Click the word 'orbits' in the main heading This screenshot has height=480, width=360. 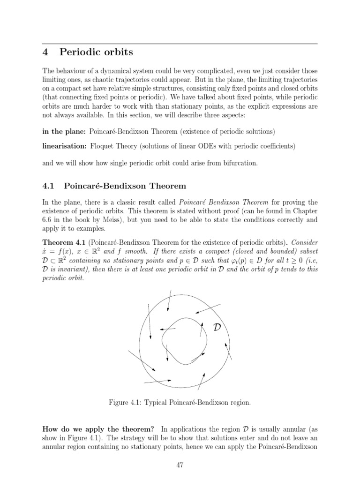coord(112,52)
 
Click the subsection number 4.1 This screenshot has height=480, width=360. coord(48,186)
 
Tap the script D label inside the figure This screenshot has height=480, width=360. coord(217,327)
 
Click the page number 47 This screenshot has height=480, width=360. coord(180,463)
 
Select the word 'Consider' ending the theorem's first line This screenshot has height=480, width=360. coord(305,243)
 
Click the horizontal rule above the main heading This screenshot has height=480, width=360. coord(180,43)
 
